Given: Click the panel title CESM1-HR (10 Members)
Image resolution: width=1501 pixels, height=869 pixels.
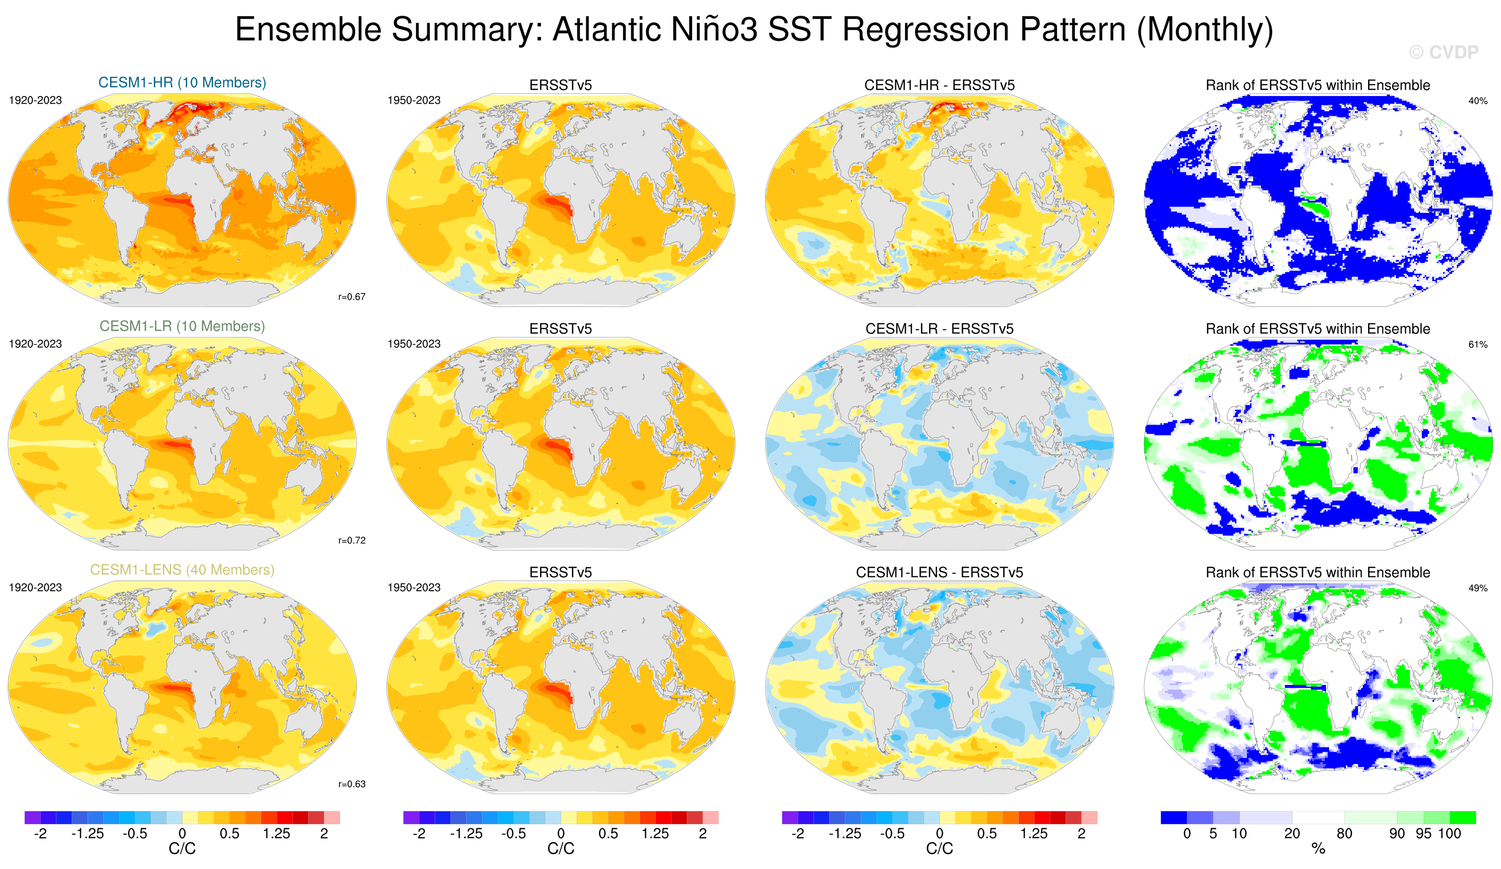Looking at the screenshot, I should coord(182,82).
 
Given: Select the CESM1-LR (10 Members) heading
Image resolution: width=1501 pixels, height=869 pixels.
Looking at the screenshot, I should coord(182,326).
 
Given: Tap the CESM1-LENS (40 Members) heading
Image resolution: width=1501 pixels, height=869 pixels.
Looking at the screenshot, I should coord(182,570).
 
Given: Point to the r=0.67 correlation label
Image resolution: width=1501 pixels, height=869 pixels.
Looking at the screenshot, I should coord(351,297).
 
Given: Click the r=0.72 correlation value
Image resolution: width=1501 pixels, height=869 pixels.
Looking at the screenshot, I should coord(351,540).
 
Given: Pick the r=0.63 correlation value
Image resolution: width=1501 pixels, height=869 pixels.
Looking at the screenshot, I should coord(351,784).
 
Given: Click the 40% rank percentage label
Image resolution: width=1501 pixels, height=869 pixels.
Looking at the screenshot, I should coord(1477,101).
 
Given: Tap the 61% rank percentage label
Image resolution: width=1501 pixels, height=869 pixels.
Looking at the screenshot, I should coord(1477,344).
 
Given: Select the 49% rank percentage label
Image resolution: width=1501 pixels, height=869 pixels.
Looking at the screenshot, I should coord(1477,588).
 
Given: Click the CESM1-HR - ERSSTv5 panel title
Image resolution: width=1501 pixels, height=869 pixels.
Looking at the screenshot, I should coord(939,85).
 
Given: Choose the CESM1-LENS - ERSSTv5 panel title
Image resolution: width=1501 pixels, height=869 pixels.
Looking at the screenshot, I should coord(939,572).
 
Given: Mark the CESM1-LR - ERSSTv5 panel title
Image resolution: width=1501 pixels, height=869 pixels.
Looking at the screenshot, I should coord(939,329).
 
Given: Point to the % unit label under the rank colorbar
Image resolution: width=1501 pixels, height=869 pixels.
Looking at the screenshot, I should coord(1318,848).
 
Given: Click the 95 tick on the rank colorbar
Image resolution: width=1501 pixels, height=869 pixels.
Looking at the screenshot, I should coord(1423,833).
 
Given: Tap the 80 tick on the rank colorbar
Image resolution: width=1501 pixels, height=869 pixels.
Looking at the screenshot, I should coord(1344,833).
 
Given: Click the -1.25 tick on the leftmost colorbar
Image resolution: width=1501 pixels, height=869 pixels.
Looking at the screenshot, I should coord(88,833).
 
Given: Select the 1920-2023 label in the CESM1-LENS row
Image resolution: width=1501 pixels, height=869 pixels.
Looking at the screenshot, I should coord(35,587).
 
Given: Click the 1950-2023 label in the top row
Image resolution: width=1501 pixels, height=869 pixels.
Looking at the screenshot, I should coord(414,100).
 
